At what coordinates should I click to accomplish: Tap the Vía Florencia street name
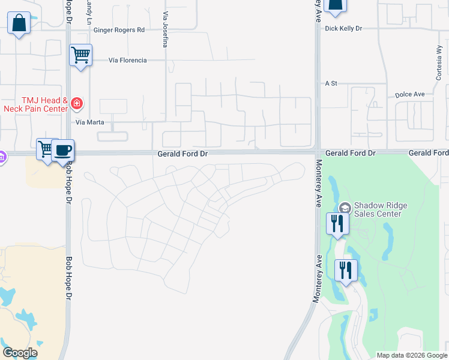tap(127, 60)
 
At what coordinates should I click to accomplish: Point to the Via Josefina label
tap(164, 29)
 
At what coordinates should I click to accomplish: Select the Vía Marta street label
tap(90, 122)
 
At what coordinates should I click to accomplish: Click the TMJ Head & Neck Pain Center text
tap(35, 104)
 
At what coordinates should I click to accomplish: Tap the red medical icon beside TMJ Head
tap(77, 104)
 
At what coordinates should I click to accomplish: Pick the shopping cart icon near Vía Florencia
tap(80, 55)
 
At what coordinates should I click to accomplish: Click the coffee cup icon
tap(62, 150)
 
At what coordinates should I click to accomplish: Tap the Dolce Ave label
tap(410, 94)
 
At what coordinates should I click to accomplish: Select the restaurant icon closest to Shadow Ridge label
tap(337, 224)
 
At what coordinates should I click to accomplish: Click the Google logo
tap(20, 352)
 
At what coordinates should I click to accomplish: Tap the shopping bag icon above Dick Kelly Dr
tap(335, 5)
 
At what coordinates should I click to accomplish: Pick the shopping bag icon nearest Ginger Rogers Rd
tap(19, 23)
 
